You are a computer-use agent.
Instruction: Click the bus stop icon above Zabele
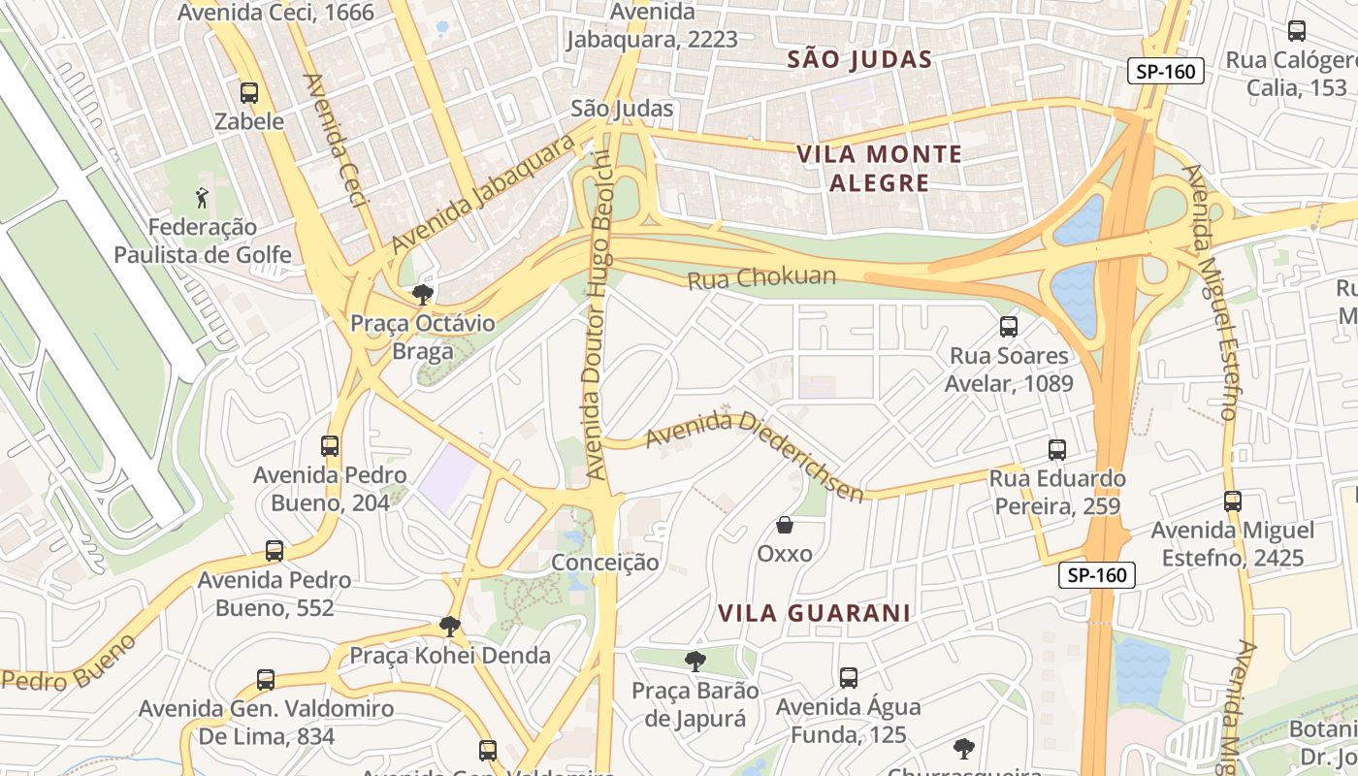tap(249, 93)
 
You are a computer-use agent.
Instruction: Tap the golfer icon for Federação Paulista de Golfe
tap(202, 199)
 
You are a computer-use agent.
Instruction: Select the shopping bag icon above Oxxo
tap(785, 526)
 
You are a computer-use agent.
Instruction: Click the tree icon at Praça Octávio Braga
tap(422, 295)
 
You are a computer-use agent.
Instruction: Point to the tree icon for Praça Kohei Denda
tap(449, 627)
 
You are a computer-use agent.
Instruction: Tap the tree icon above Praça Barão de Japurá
tap(695, 663)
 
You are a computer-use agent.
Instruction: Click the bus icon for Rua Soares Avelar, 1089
tap(1009, 327)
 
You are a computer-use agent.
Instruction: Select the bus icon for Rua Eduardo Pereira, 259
tap(1057, 450)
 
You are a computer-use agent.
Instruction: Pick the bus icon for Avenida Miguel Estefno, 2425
tap(1232, 501)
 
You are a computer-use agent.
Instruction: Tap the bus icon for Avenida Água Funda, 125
tap(849, 678)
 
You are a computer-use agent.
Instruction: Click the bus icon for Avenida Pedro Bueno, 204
tap(330, 446)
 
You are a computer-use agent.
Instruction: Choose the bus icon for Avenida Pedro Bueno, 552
tap(275, 551)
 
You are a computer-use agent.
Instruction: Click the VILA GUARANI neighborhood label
tap(814, 613)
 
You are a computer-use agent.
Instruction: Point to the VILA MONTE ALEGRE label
tap(879, 168)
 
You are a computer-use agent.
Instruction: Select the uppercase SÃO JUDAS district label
tap(859, 60)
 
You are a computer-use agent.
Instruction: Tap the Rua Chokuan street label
tap(761, 277)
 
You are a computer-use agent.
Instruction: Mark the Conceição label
tap(604, 563)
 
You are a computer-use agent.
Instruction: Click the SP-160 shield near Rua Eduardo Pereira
tap(1096, 575)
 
